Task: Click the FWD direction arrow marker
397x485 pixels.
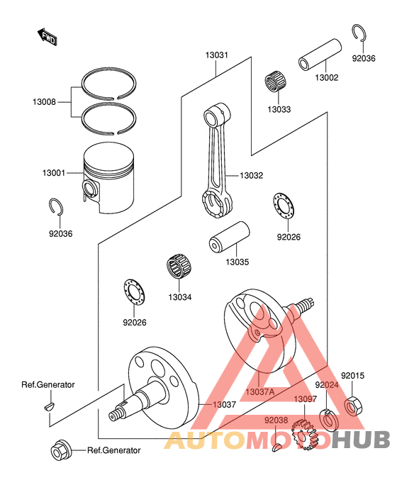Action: (x=47, y=36)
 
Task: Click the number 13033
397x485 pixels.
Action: (x=279, y=110)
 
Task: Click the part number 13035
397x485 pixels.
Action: (x=237, y=262)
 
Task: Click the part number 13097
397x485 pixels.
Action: (x=306, y=399)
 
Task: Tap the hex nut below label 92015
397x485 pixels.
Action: (x=352, y=406)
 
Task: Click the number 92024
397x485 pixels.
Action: (x=327, y=384)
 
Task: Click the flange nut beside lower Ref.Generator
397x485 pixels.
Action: (x=60, y=450)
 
